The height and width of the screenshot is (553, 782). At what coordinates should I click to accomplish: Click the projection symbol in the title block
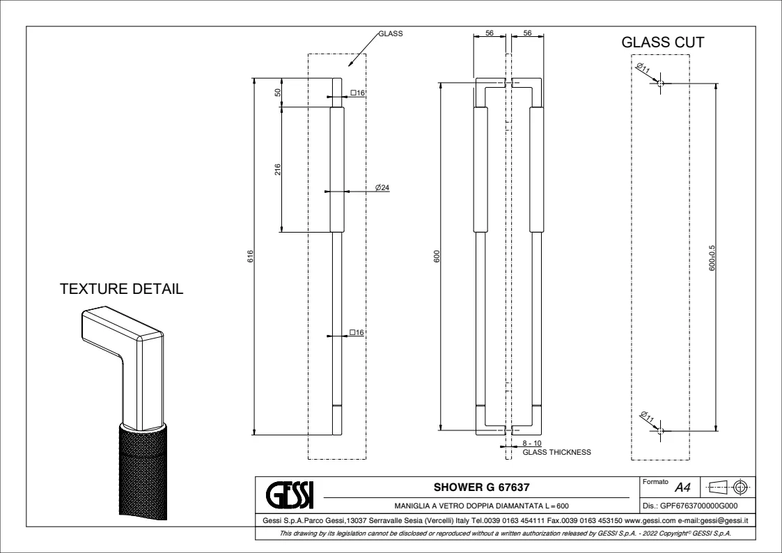(x=726, y=486)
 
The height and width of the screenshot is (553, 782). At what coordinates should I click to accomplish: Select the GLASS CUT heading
(x=662, y=43)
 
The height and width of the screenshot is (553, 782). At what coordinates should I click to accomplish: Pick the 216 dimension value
(x=277, y=169)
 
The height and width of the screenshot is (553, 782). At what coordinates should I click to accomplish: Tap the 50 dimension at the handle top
(x=277, y=92)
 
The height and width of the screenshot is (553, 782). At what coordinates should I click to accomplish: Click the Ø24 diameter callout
(x=382, y=187)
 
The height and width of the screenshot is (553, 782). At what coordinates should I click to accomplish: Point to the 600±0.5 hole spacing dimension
(x=712, y=258)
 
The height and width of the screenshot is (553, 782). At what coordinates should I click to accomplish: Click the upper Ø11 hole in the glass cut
(x=660, y=84)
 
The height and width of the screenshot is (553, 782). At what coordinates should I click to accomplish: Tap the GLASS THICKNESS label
(x=556, y=452)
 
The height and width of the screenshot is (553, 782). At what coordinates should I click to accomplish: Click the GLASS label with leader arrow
(x=391, y=33)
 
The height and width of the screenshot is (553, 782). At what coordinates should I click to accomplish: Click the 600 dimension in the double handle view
(x=437, y=256)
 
